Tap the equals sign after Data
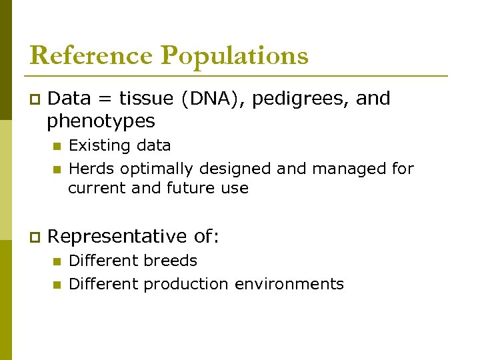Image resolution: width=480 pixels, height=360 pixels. [x=105, y=99]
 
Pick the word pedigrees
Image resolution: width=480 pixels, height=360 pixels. [x=301, y=99]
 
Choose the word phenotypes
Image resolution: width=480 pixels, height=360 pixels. [x=101, y=122]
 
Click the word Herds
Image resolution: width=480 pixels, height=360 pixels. [x=91, y=169]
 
